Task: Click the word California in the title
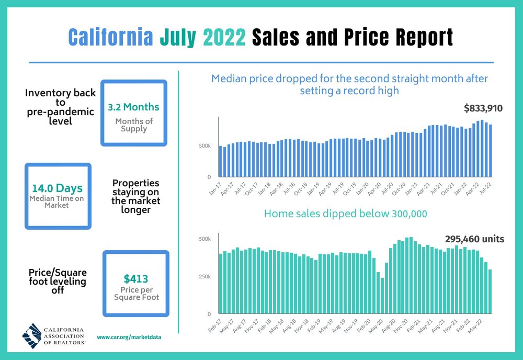click(110, 37)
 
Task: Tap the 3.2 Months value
click(133, 107)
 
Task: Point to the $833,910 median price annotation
click(483, 109)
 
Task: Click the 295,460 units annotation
click(474, 239)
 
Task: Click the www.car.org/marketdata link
click(129, 337)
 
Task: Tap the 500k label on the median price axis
click(204, 145)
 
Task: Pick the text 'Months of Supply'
click(134, 126)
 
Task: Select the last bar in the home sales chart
click(490, 291)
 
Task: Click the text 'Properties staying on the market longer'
click(136, 197)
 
